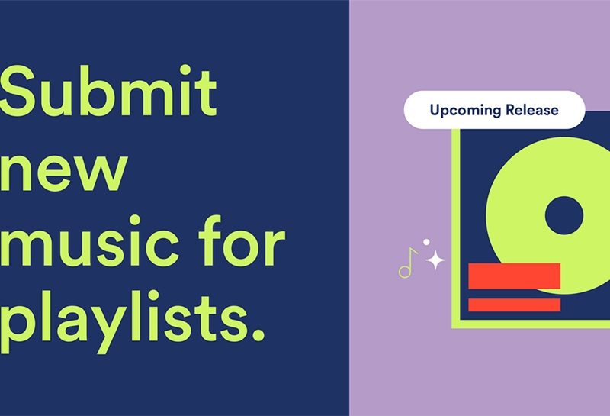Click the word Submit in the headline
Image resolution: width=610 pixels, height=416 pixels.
click(108, 90)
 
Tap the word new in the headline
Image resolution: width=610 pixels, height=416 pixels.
click(63, 172)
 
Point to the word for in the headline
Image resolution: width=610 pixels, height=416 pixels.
click(242, 240)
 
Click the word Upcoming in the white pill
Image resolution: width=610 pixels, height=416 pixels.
click(465, 111)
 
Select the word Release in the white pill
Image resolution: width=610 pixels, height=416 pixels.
click(531, 110)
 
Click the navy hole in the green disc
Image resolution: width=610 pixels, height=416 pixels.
click(563, 215)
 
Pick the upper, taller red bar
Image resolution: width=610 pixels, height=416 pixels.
click(514, 276)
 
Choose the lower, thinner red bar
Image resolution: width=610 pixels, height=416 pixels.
click(514, 305)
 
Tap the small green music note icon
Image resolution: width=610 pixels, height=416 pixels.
click(407, 263)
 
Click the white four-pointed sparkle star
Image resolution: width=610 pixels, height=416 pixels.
click(435, 260)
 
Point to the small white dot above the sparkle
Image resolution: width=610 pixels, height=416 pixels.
click(426, 242)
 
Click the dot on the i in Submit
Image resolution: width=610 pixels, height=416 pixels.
click(185, 70)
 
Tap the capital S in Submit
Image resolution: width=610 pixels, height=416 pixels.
click(19, 91)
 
